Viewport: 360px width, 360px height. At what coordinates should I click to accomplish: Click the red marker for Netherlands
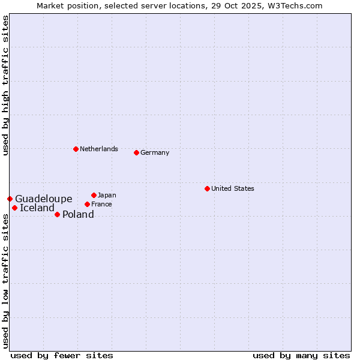click(76, 149)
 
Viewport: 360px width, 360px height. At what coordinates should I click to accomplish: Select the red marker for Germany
click(136, 152)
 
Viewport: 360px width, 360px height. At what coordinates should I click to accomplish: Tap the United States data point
click(207, 188)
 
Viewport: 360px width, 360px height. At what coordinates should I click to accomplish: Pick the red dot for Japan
click(94, 195)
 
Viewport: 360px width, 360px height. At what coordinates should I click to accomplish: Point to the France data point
click(87, 204)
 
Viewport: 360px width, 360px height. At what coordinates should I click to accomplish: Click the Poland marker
click(57, 214)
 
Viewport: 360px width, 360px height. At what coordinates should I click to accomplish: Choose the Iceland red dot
click(14, 208)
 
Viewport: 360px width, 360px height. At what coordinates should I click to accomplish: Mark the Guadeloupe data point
click(10, 199)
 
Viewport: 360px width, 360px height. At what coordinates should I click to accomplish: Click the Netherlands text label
click(99, 149)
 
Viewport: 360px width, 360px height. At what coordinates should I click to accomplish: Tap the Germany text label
click(155, 152)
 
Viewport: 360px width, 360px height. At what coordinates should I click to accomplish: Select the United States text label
click(233, 188)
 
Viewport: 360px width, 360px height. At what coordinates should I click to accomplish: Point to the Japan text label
click(107, 195)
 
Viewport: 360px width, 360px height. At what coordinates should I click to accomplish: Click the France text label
click(101, 204)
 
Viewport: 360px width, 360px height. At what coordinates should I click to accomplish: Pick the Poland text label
click(78, 214)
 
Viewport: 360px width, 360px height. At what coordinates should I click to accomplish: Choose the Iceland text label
click(37, 208)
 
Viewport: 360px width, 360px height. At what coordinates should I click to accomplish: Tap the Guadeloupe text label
click(44, 199)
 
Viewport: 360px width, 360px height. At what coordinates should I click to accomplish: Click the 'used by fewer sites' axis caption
click(62, 355)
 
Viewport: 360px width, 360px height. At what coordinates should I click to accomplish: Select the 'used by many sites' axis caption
click(301, 355)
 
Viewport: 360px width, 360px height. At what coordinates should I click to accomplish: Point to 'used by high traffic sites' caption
click(5, 85)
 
